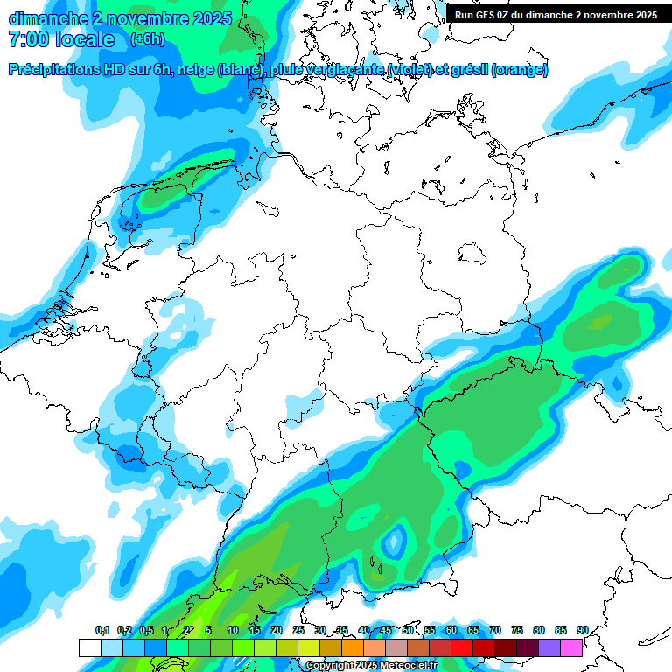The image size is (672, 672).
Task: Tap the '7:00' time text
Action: point(26,39)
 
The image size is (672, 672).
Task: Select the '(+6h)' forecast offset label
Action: point(146,39)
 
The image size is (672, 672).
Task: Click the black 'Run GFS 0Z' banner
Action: point(556,15)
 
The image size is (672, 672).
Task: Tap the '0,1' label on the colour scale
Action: point(102,631)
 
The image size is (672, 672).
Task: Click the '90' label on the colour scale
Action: point(582,631)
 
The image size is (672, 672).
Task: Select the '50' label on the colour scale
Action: point(408,631)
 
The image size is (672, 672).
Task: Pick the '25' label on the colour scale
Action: point(298,631)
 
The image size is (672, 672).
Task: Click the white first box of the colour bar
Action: point(89,647)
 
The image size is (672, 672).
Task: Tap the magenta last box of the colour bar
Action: point(571,647)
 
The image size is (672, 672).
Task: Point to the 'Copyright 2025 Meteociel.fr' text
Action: point(371,665)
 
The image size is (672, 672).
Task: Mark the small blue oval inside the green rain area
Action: point(395,542)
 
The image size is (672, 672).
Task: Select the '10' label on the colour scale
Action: point(233,631)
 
